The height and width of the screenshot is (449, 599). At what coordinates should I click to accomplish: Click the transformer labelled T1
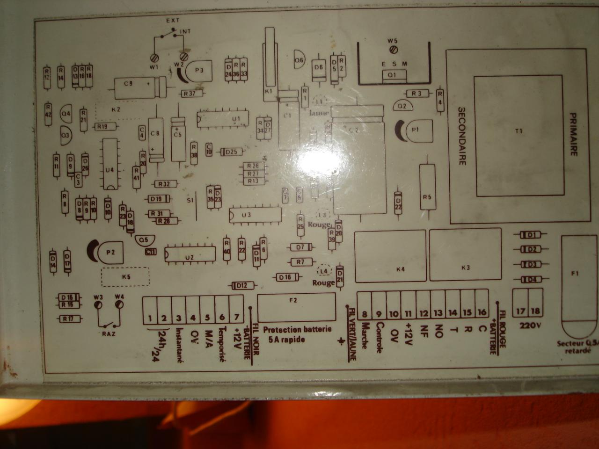pos(518,136)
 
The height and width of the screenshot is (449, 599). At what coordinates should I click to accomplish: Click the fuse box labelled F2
pos(296,307)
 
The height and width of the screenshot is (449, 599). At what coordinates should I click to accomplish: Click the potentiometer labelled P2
pos(110,253)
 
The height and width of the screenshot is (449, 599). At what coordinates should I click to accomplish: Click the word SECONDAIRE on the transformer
pos(461,136)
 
